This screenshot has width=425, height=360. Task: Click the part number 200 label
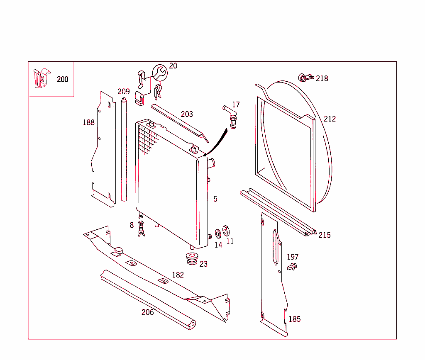click(62, 79)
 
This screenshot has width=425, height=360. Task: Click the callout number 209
click(123, 92)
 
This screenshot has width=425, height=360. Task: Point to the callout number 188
click(88, 122)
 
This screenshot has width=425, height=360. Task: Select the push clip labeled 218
click(305, 78)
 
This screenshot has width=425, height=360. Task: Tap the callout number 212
click(330, 119)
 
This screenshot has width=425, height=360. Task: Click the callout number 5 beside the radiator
click(215, 199)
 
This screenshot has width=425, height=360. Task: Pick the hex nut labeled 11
click(226, 230)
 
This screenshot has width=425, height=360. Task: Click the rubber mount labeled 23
click(191, 258)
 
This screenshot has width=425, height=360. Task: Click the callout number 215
click(325, 235)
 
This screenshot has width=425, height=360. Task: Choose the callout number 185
click(294, 319)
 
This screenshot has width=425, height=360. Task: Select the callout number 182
click(178, 275)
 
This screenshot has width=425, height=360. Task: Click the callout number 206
click(147, 312)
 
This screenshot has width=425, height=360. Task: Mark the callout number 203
click(187, 114)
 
